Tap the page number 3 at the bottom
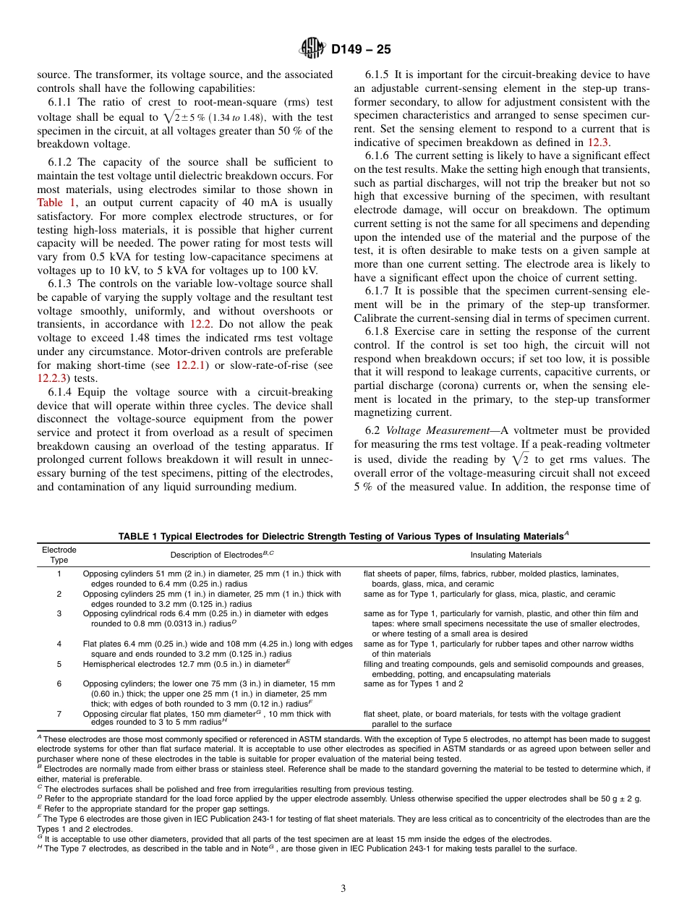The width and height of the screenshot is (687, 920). tap(343, 888)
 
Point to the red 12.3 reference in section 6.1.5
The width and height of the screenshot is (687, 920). tap(599, 142)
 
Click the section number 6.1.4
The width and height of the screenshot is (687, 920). tap(62, 393)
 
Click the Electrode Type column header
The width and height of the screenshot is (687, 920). tap(59, 555)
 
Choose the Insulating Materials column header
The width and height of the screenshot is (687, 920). tap(505, 555)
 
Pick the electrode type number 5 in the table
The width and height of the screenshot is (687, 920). tap(59, 664)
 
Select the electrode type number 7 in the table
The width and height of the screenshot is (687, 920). tap(59, 714)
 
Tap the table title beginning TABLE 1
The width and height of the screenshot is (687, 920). tap(343, 537)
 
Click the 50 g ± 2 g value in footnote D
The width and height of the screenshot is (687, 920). tap(620, 798)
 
